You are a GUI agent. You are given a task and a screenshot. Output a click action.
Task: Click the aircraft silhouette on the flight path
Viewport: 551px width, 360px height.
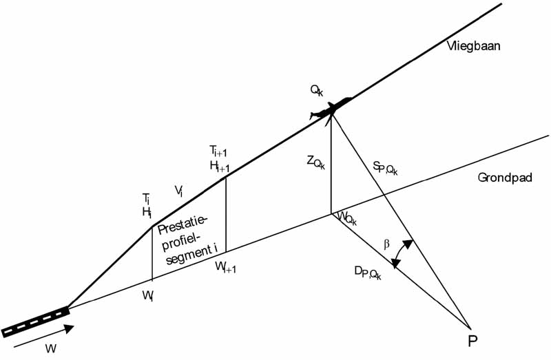coord(331,109)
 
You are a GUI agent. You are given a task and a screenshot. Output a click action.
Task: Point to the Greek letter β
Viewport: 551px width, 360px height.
coord(386,243)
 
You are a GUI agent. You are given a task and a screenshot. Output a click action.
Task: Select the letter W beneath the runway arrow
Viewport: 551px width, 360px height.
coord(50,348)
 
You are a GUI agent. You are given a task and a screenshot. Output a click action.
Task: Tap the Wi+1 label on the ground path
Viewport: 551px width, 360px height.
coord(225,266)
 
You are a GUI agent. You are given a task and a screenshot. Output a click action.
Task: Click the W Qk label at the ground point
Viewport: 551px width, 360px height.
coord(346,218)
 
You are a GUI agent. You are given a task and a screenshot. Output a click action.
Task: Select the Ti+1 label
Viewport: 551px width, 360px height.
coord(218,151)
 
